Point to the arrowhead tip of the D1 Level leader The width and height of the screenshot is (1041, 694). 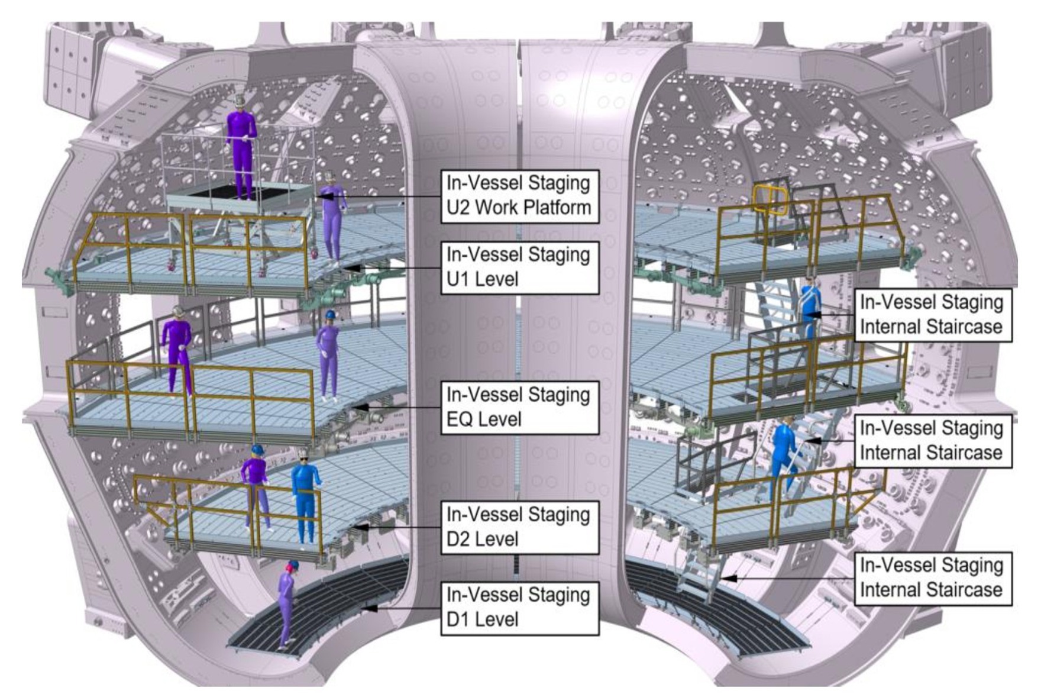pos(361,607)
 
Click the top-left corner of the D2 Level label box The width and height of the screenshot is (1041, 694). pos(441,502)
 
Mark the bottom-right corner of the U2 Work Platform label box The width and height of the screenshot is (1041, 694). pos(599,222)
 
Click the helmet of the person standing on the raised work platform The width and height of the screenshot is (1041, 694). pos(240,101)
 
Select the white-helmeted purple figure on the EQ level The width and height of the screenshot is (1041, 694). pos(177,351)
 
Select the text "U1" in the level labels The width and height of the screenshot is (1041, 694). pos(459,279)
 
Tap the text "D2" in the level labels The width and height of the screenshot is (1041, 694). pos(460,539)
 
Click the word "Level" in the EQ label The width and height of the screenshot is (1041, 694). pos(500,419)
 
